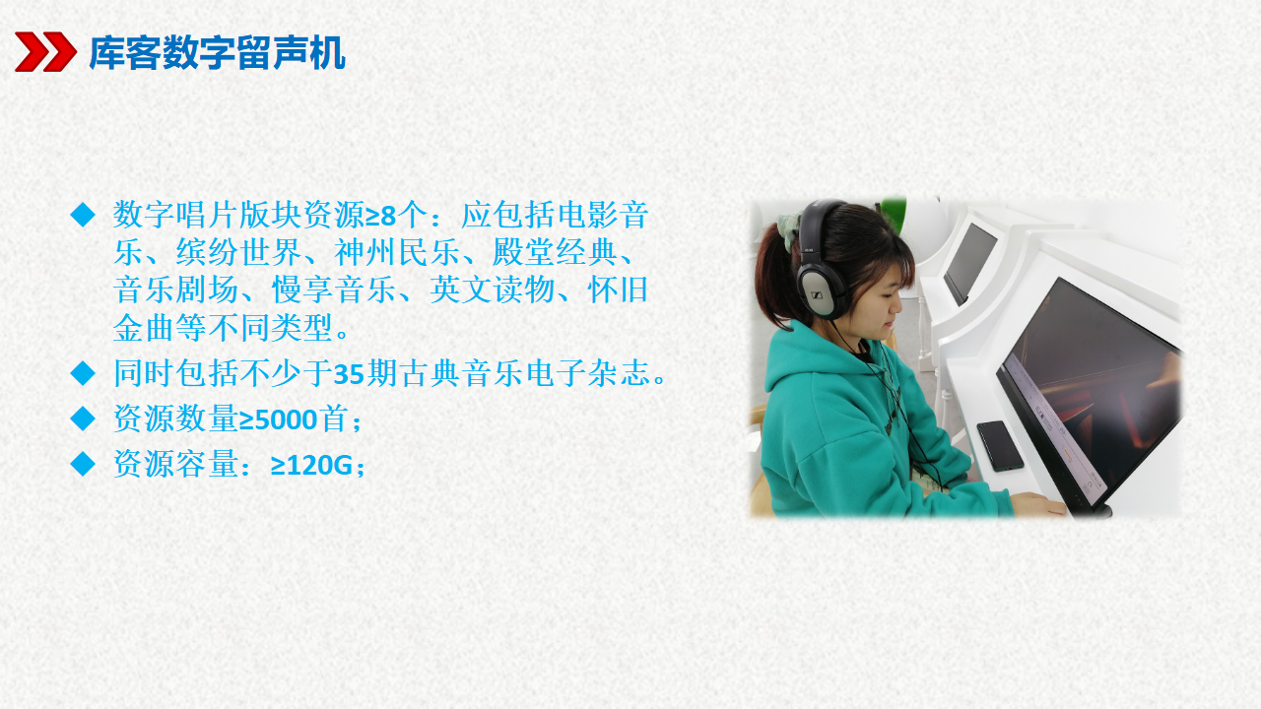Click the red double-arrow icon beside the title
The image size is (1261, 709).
(45, 52)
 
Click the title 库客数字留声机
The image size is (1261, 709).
(217, 53)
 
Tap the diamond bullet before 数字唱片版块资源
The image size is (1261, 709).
(83, 215)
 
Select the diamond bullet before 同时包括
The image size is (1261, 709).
(83, 373)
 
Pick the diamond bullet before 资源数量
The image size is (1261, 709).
(83, 419)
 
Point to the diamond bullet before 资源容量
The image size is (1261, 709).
(83, 464)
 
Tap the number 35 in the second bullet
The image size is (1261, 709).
(349, 373)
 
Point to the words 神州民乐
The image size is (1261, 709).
(397, 252)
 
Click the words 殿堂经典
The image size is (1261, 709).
(555, 252)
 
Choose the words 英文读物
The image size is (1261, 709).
(493, 290)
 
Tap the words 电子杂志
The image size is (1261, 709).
(588, 373)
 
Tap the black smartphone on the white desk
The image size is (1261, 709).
(1000, 445)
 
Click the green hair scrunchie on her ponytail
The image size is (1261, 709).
(790, 227)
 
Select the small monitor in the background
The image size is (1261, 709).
(969, 262)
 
